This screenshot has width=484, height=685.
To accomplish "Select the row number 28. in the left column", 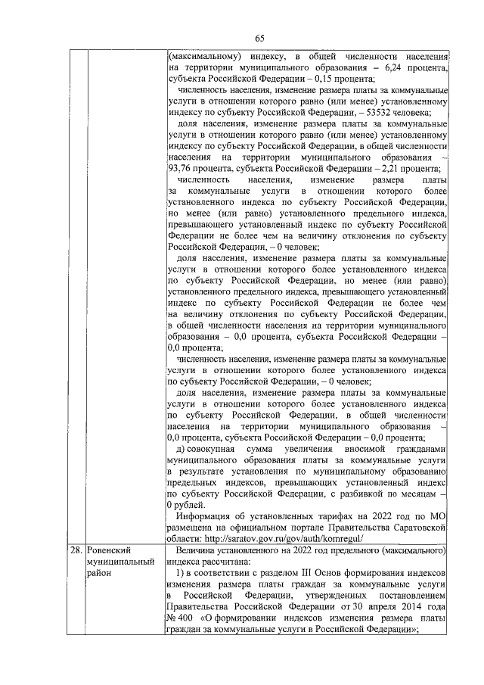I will [74, 549].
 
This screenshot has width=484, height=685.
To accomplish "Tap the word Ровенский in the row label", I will [110, 549].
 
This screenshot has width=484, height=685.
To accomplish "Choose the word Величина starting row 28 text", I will [199, 549].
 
